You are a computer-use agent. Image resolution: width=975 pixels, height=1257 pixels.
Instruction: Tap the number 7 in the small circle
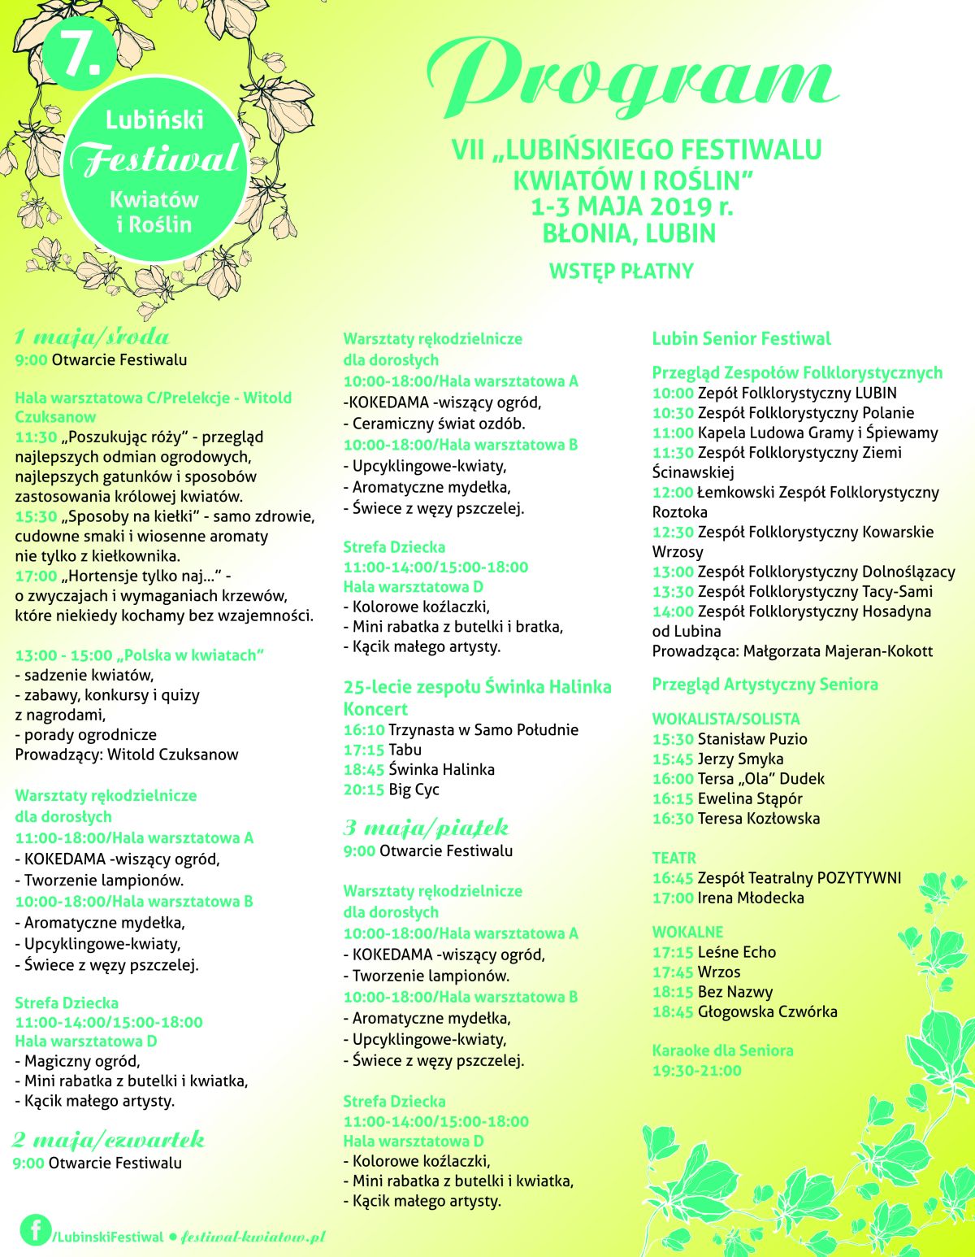pos(80,54)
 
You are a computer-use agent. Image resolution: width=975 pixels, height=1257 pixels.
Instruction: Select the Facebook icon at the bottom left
pos(35,1229)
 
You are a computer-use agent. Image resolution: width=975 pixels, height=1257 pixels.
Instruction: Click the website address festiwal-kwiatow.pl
pos(253,1237)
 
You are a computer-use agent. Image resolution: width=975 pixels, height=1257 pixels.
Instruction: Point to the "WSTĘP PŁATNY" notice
pos(622,272)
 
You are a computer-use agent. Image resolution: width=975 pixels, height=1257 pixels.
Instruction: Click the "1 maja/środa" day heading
pos(92,337)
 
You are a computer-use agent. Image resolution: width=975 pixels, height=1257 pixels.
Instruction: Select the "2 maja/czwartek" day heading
pos(108,1140)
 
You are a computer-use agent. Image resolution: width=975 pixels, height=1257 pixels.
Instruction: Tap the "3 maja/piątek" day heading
pos(426,828)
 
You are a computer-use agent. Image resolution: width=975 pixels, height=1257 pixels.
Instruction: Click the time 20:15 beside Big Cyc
pos(363,789)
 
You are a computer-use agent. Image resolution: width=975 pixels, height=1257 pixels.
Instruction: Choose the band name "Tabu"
pos(405,750)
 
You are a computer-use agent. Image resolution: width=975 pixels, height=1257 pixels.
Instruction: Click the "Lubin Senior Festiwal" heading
pos(741,339)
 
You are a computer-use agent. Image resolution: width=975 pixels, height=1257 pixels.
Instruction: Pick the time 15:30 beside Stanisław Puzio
pos(672,739)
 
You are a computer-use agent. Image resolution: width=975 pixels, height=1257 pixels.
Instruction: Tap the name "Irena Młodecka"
pos(751,898)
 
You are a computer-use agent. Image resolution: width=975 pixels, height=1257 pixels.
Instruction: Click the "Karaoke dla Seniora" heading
pos(722,1050)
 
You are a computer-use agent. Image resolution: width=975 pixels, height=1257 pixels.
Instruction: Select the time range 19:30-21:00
pos(696,1071)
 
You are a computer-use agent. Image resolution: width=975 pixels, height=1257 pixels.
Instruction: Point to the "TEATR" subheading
pos(674,858)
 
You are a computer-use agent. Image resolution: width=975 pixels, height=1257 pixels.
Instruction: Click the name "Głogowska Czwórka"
pos(767,1011)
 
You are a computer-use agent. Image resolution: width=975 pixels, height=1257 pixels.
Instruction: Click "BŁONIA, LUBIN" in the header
pos(630,234)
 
